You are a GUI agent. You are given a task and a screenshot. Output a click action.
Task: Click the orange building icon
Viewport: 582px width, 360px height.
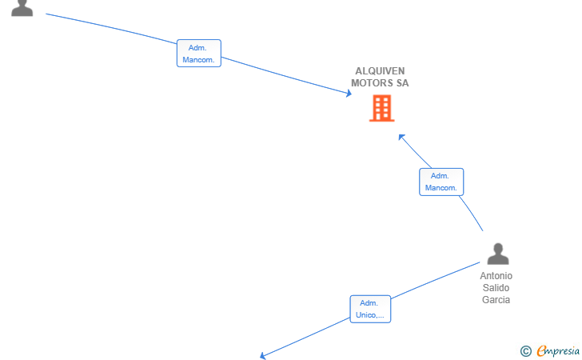pos(381,108)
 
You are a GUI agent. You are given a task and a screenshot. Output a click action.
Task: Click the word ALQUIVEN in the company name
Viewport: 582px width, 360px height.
pos(380,71)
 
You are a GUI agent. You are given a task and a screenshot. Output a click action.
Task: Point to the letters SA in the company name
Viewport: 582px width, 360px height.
pos(402,83)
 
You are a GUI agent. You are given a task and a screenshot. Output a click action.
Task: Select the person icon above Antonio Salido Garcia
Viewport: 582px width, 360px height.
pos(498,254)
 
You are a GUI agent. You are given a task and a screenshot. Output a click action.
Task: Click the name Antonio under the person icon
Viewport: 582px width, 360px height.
pos(496,276)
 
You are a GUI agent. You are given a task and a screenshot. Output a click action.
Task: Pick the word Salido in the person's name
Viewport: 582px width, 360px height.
pos(496,287)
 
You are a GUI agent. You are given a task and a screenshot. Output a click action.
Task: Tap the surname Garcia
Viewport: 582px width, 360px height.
pos(496,299)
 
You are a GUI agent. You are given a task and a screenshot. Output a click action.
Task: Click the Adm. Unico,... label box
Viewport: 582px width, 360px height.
pos(370,309)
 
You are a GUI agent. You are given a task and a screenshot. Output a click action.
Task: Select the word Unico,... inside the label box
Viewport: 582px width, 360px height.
pos(369,315)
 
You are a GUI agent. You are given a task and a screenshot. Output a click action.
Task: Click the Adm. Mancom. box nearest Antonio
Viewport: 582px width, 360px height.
pos(441,182)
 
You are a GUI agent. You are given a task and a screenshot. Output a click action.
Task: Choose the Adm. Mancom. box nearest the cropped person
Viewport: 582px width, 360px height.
pos(199,53)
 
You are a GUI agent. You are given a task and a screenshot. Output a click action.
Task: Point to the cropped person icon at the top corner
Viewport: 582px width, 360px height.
pos(22,8)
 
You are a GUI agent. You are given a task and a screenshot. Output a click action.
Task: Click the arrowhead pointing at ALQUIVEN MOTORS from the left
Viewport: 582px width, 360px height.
pos(349,94)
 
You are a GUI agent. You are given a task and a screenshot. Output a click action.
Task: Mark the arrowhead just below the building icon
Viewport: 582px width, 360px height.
pos(401,137)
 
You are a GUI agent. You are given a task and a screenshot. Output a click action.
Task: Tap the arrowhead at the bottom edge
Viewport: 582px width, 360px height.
pos(262,356)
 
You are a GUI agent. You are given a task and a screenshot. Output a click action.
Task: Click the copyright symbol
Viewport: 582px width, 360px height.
pos(525,351)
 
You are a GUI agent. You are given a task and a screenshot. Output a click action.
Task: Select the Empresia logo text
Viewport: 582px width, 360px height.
pos(558,350)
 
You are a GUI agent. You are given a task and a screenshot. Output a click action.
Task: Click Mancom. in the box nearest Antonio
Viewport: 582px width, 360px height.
pos(441,188)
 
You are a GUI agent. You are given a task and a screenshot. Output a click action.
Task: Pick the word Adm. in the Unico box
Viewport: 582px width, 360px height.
pos(369,303)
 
